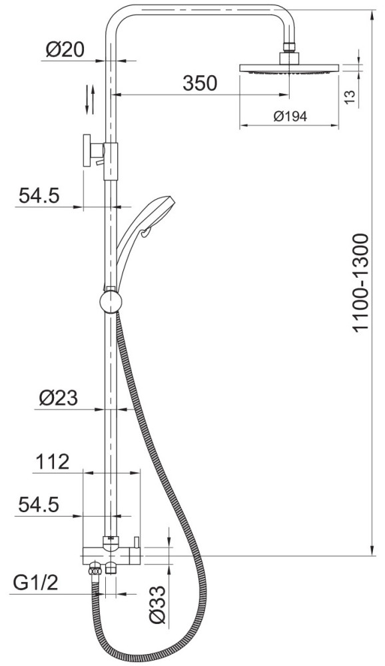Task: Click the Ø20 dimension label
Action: click(65, 50)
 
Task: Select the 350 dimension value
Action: click(200, 83)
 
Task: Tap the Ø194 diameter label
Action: click(290, 116)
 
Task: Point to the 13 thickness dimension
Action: click(349, 97)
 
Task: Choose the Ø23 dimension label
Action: click(59, 398)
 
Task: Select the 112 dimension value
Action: click(52, 462)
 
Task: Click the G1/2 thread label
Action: click(36, 583)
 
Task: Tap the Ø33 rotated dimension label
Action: click(157, 605)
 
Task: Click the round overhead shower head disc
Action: click(289, 68)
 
